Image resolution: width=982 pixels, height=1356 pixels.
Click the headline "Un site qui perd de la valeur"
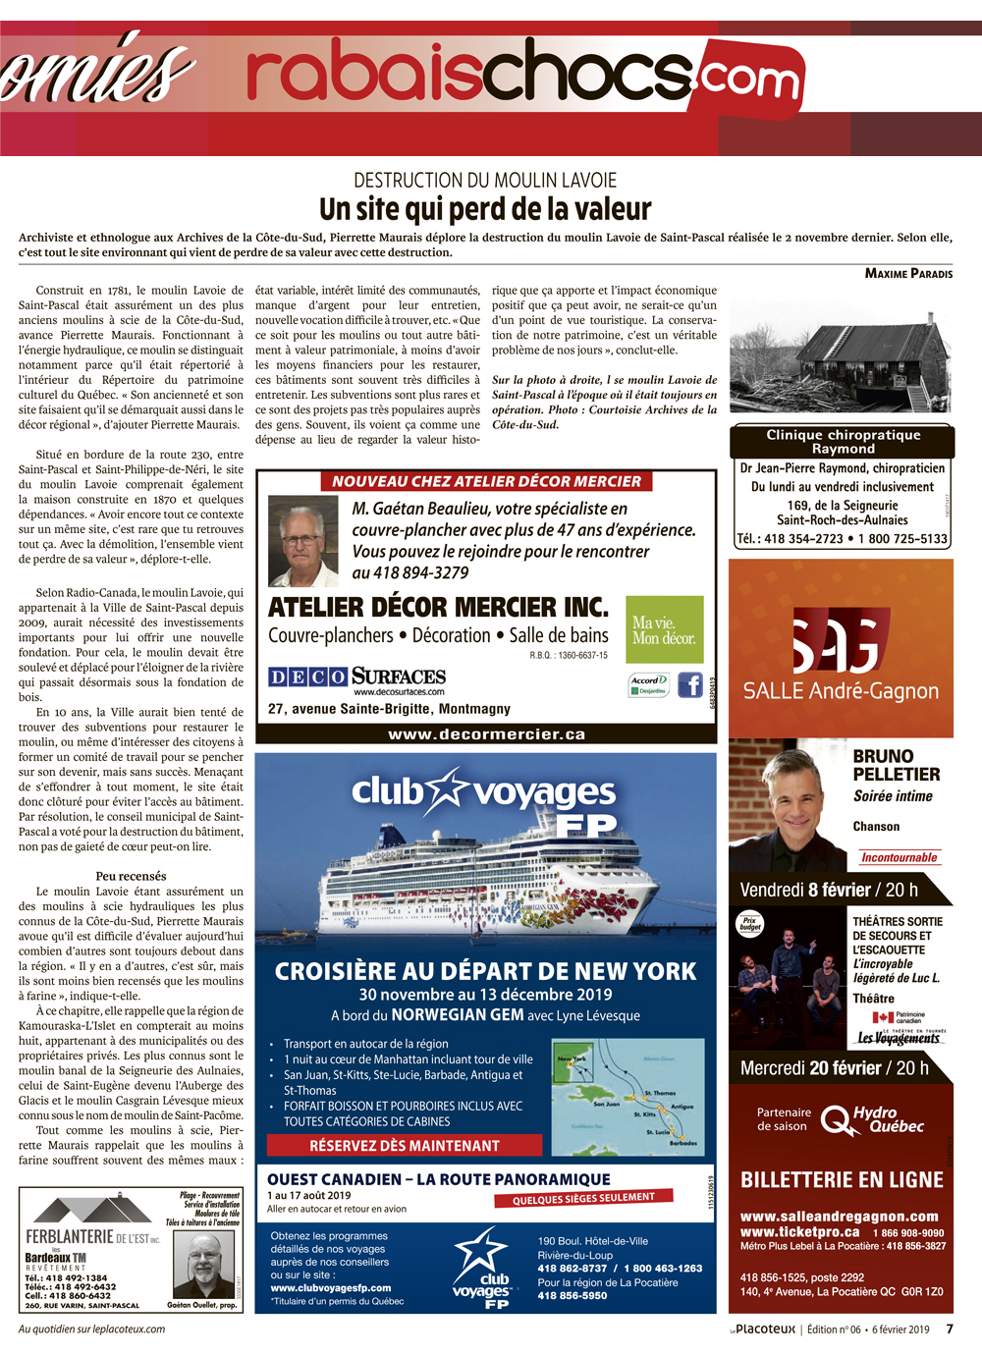[x=485, y=209]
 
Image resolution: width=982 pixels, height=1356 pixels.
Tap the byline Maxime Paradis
[x=908, y=273]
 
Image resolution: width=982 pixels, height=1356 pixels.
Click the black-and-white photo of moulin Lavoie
[x=842, y=355]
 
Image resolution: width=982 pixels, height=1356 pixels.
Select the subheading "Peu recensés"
[x=131, y=876]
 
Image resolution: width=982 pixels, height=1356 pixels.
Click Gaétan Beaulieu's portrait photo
[x=302, y=541]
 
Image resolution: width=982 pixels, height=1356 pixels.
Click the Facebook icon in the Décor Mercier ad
[x=690, y=684]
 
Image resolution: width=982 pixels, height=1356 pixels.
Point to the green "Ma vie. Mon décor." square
[x=665, y=629]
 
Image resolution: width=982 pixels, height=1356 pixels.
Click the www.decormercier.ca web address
[x=486, y=733]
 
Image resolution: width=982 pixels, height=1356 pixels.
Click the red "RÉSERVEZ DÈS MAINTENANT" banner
[x=405, y=1145]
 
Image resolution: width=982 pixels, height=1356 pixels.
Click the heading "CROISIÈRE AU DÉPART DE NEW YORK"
[x=485, y=971]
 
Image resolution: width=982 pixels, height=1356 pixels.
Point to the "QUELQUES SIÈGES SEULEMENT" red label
[x=583, y=1198]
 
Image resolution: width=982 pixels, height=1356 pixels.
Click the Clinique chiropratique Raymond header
[x=843, y=441]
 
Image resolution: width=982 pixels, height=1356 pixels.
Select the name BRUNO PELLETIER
[x=896, y=765]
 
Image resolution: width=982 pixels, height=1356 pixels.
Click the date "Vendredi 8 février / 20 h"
[x=829, y=890]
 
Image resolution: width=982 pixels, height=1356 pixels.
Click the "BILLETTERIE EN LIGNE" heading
[x=842, y=1179]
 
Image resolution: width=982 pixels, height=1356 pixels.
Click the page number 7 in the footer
[x=950, y=1329]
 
